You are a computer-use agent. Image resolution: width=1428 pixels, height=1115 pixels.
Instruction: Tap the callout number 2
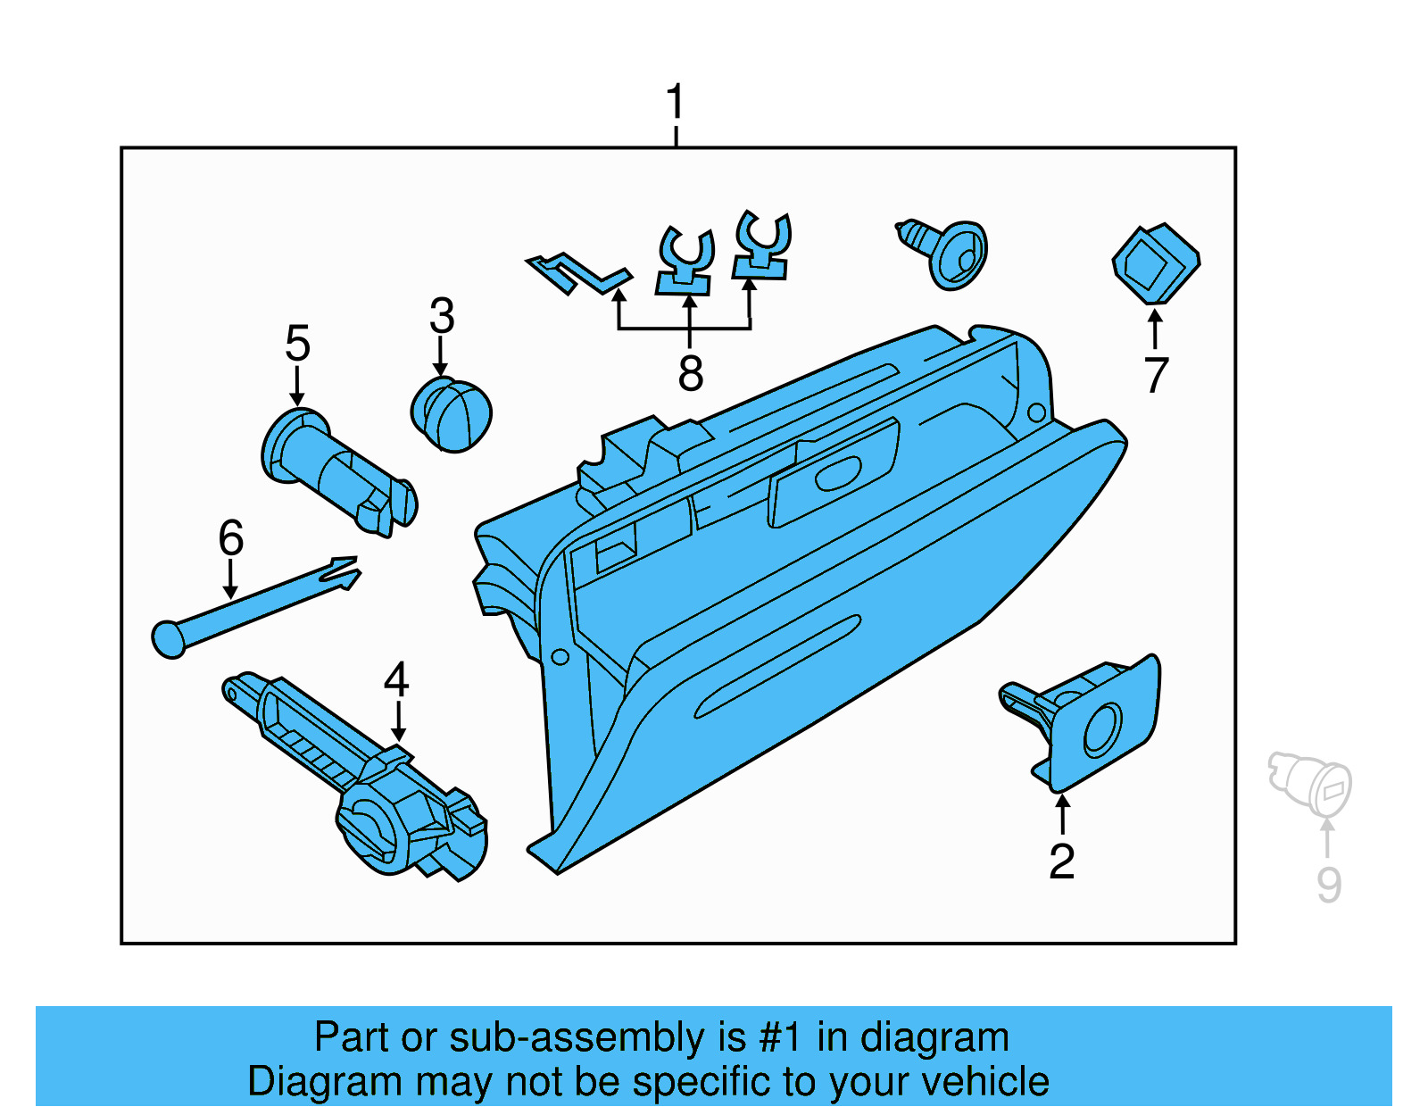click(1061, 861)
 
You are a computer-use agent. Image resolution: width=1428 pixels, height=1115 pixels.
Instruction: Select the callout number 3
click(442, 316)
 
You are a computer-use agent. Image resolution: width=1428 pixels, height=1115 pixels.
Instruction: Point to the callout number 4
click(396, 680)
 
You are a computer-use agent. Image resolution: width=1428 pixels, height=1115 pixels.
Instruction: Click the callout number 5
click(297, 344)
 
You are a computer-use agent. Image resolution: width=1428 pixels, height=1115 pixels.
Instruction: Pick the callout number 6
click(230, 538)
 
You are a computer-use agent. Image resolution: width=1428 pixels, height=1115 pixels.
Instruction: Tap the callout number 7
click(1156, 375)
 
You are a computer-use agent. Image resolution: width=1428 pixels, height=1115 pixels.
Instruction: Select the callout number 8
click(690, 373)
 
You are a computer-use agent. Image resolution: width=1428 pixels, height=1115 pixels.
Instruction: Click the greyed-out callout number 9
click(1329, 885)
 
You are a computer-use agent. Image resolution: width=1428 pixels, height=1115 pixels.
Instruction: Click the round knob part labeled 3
click(451, 414)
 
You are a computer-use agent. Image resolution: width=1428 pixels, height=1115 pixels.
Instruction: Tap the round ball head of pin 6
click(169, 639)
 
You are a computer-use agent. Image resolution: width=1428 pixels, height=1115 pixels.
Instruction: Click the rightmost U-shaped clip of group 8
click(762, 245)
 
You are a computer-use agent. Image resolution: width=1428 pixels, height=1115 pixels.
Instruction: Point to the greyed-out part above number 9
click(1312, 782)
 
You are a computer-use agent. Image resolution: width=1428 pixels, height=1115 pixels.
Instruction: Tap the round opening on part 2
click(1102, 729)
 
